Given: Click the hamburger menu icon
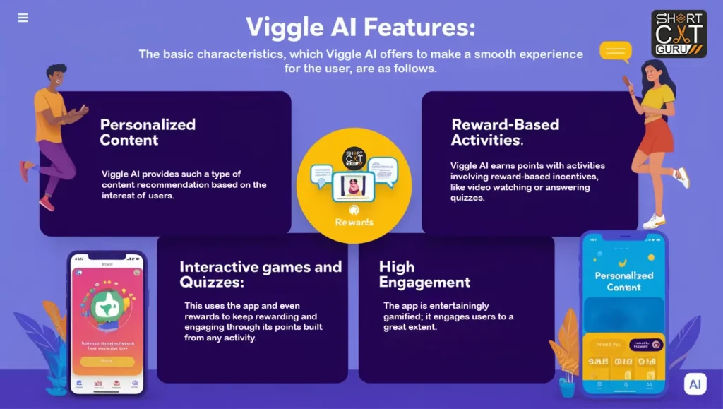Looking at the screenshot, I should tap(23, 18).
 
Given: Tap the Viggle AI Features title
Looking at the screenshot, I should tap(360, 28).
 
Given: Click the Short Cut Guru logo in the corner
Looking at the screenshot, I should tap(679, 33).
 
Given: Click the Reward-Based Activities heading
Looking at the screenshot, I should tap(505, 132).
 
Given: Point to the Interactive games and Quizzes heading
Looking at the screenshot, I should tap(260, 274).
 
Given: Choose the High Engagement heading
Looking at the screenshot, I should tap(424, 274).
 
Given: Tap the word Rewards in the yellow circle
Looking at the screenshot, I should tap(354, 222).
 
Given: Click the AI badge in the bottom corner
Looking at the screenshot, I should tap(695, 384).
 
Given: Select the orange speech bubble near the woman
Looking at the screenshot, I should tap(615, 51).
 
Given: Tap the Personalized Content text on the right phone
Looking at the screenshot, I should tap(623, 281).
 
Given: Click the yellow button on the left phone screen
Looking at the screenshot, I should tap(107, 361).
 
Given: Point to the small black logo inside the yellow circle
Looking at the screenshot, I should tap(354, 158).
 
